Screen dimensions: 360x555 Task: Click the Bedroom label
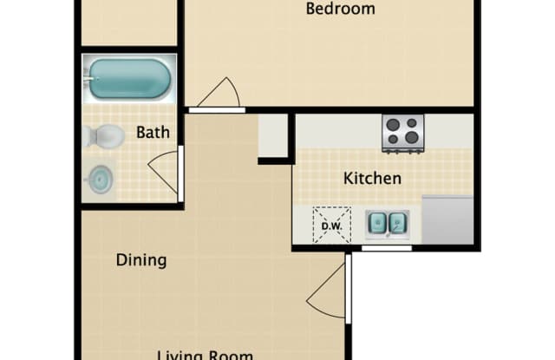click(x=342, y=10)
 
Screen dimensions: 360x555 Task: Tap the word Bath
click(x=153, y=133)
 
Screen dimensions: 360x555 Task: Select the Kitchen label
click(x=373, y=179)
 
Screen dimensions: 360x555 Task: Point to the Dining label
click(x=141, y=260)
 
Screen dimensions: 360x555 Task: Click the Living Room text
click(x=205, y=354)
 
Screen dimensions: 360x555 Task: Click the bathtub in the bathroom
click(x=129, y=79)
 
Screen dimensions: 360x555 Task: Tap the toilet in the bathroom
click(x=103, y=136)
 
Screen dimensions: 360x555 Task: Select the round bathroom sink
click(x=101, y=180)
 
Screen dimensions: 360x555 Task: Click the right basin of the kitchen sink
click(x=397, y=225)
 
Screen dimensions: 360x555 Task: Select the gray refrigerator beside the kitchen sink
click(x=447, y=220)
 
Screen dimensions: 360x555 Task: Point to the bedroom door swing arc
click(x=221, y=93)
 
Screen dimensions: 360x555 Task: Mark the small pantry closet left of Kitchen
click(x=273, y=135)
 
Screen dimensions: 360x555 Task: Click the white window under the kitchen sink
click(x=386, y=249)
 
